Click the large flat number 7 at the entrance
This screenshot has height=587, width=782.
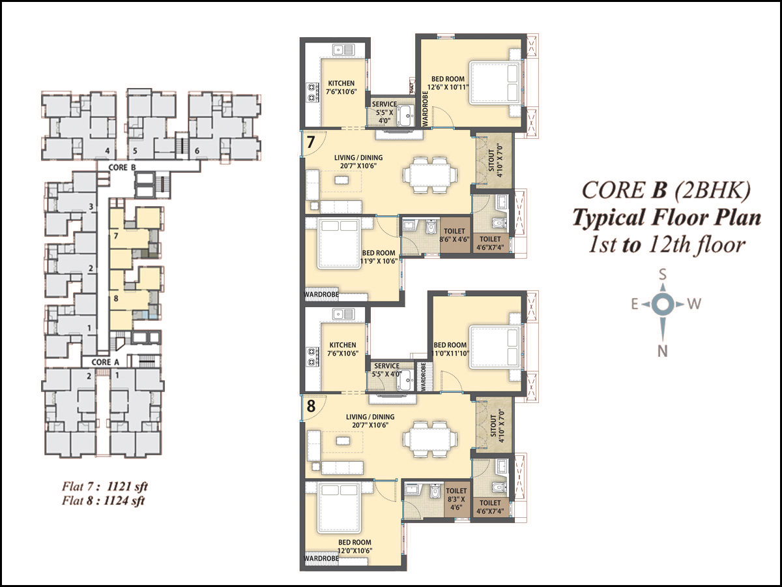pos(311,142)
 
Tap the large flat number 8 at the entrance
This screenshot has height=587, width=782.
pos(311,406)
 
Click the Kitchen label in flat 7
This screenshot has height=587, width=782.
pos(341,83)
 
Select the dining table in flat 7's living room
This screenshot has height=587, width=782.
pos(430,175)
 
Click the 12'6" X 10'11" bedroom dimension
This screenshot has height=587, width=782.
pos(448,87)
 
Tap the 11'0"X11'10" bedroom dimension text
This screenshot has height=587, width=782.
pos(450,354)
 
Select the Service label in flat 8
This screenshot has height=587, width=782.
pos(386,366)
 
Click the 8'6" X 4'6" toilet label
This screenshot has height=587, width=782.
pos(454,239)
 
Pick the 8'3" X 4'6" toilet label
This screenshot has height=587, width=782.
pos(456,504)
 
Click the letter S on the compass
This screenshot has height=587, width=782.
pos(662,275)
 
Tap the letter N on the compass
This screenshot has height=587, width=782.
pos(662,352)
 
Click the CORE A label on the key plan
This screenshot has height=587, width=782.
pos(105,362)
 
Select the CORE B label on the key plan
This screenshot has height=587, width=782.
pos(122,167)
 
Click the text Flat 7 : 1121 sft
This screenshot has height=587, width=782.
pos(104,487)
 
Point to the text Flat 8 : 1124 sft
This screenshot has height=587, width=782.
pos(104,501)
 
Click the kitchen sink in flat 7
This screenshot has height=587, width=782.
pos(343,49)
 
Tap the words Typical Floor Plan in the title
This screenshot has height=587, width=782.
pos(666,218)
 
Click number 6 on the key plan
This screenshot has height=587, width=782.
pos(197,151)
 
